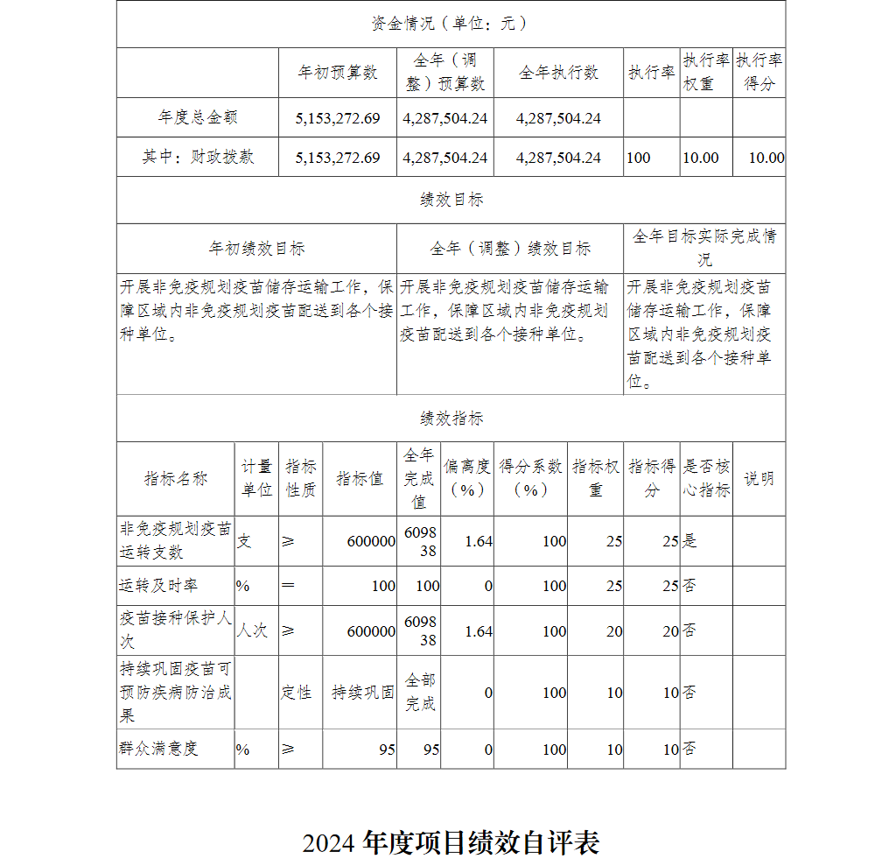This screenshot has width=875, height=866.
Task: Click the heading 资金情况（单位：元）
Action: [x=450, y=24]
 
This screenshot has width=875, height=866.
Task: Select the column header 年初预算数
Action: [x=338, y=73]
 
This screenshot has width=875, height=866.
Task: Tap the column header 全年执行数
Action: [x=558, y=73]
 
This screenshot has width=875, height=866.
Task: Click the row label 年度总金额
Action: [x=198, y=117]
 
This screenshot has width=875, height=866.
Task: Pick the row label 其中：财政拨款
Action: [x=198, y=158]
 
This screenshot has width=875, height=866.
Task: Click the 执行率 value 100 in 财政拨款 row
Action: [x=639, y=158]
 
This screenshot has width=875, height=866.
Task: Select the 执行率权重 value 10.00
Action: [x=700, y=158]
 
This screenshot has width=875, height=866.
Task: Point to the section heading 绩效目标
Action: [x=451, y=200]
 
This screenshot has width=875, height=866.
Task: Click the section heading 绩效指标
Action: [x=451, y=419]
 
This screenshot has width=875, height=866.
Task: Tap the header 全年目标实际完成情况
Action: [x=704, y=248]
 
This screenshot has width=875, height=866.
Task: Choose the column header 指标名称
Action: [x=176, y=479]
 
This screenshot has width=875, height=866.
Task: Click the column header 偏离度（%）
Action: [x=466, y=479]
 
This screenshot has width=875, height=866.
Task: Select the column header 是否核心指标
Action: [x=706, y=479]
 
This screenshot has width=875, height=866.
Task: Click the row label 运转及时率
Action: [x=158, y=586]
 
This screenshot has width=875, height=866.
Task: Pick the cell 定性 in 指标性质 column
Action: [x=297, y=693]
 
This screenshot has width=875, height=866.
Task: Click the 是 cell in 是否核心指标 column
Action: [x=689, y=541]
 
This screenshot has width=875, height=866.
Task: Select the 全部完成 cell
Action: [x=419, y=693]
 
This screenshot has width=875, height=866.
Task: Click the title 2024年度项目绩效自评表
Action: [x=451, y=842]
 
